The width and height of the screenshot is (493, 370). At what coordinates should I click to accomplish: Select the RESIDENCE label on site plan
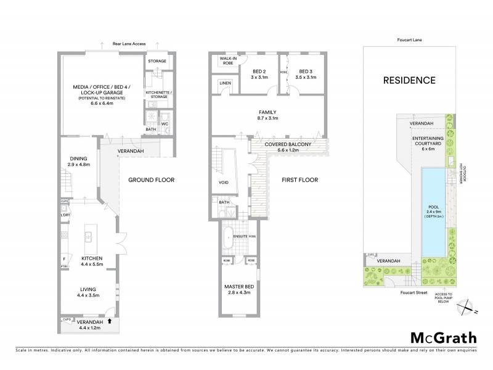pos(410,80)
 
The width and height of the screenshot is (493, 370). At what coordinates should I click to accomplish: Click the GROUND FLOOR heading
pos(151,181)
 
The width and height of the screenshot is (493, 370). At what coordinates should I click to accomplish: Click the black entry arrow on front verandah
pos(109,321)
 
